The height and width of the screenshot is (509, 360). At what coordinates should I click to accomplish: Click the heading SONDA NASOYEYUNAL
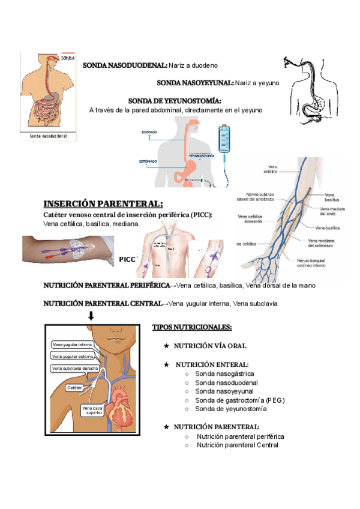click(x=195, y=83)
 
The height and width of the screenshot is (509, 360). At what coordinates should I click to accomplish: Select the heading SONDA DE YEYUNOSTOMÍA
click(x=170, y=100)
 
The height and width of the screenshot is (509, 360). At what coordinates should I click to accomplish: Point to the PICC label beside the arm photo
click(x=127, y=259)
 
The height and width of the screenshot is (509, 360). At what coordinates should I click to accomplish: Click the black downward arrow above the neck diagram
click(x=91, y=316)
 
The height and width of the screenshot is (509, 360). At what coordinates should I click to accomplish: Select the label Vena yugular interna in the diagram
click(x=72, y=345)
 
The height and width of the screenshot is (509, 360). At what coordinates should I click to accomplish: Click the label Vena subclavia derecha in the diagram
click(x=75, y=368)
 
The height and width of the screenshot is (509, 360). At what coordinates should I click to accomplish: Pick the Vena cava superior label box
click(x=92, y=411)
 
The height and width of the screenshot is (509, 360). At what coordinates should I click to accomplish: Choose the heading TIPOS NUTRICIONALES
click(x=192, y=327)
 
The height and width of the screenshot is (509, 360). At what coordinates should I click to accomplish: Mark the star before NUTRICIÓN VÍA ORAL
click(x=166, y=346)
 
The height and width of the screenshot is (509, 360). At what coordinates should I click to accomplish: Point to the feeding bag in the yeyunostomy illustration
click(x=226, y=141)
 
